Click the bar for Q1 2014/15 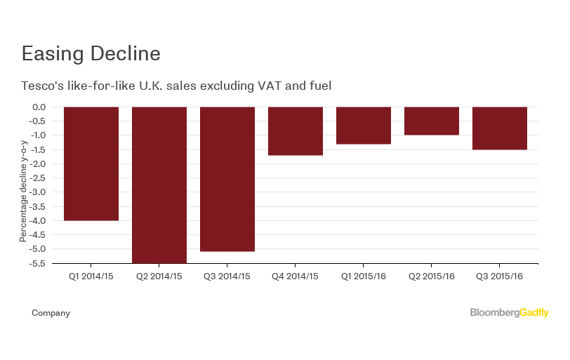click(91, 164)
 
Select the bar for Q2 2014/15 click(159, 185)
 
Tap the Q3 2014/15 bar click(227, 179)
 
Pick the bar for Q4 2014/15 click(296, 131)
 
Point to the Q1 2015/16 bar click(364, 126)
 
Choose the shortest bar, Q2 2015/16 click(432, 121)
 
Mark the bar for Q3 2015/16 click(500, 128)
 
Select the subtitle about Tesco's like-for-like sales click(176, 86)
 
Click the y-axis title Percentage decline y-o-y click(23, 189)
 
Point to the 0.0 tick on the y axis click(39, 107)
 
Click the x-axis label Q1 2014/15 click(91, 276)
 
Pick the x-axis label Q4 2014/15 click(296, 276)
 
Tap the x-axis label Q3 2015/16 click(500, 276)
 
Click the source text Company click(51, 313)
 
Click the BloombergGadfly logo click(509, 313)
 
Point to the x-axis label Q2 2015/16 click(432, 276)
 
